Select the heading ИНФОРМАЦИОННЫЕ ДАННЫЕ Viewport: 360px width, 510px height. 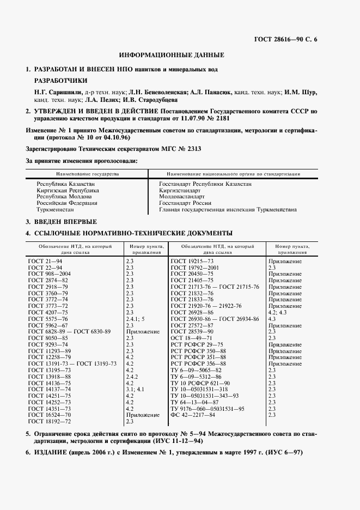(172, 55)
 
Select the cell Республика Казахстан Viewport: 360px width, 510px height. (63, 185)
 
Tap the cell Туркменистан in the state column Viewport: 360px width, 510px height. (54, 209)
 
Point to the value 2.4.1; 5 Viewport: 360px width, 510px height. (136, 319)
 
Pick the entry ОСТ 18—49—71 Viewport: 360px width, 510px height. (191, 338)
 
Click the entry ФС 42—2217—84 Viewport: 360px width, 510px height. (193, 415)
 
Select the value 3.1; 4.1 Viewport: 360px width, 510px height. (135, 390)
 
